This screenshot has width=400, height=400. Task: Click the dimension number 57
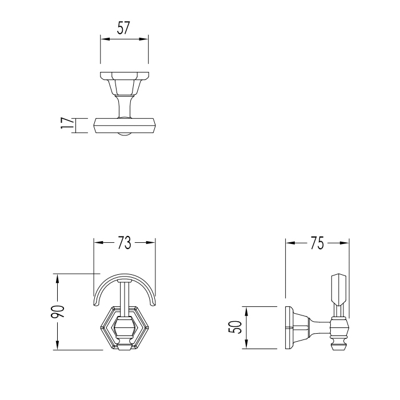click(124, 29)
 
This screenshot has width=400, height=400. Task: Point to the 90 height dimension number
click(59, 312)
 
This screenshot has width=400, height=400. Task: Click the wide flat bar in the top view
click(125, 125)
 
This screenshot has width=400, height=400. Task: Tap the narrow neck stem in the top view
click(124, 106)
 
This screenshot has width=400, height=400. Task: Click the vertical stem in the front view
click(124, 297)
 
